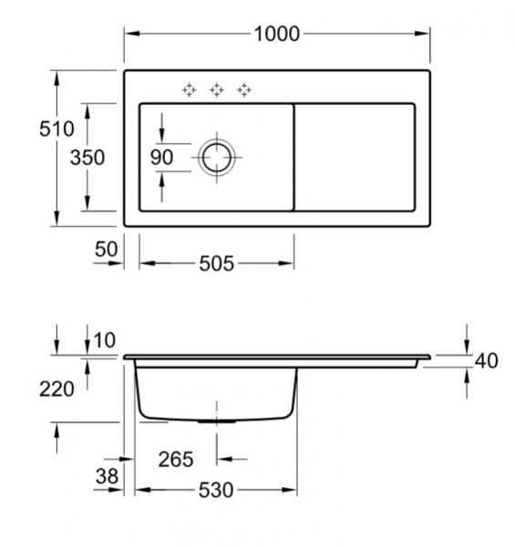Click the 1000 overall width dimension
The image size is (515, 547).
click(x=276, y=35)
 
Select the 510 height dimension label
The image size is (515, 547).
click(x=57, y=129)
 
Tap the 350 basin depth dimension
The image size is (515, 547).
click(x=88, y=158)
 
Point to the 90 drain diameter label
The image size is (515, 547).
click(x=161, y=158)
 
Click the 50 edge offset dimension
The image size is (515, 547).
click(x=107, y=249)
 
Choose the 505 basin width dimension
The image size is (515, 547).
click(x=217, y=263)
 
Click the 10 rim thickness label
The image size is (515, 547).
click(x=104, y=340)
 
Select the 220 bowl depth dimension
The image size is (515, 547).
click(x=57, y=389)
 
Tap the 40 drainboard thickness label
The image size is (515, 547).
click(x=487, y=361)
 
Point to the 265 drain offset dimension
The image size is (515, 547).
click(x=176, y=459)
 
